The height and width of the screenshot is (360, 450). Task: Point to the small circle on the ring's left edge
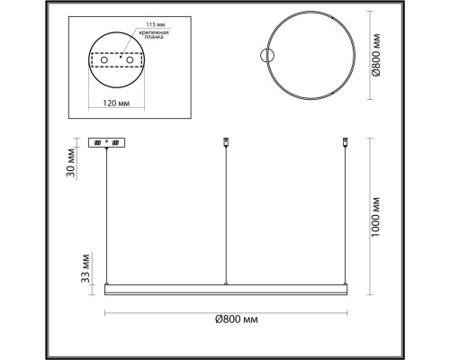265,55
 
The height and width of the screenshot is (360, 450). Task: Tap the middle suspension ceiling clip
225,141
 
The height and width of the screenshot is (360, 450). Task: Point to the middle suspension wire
225,216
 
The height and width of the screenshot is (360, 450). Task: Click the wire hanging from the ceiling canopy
110,216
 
